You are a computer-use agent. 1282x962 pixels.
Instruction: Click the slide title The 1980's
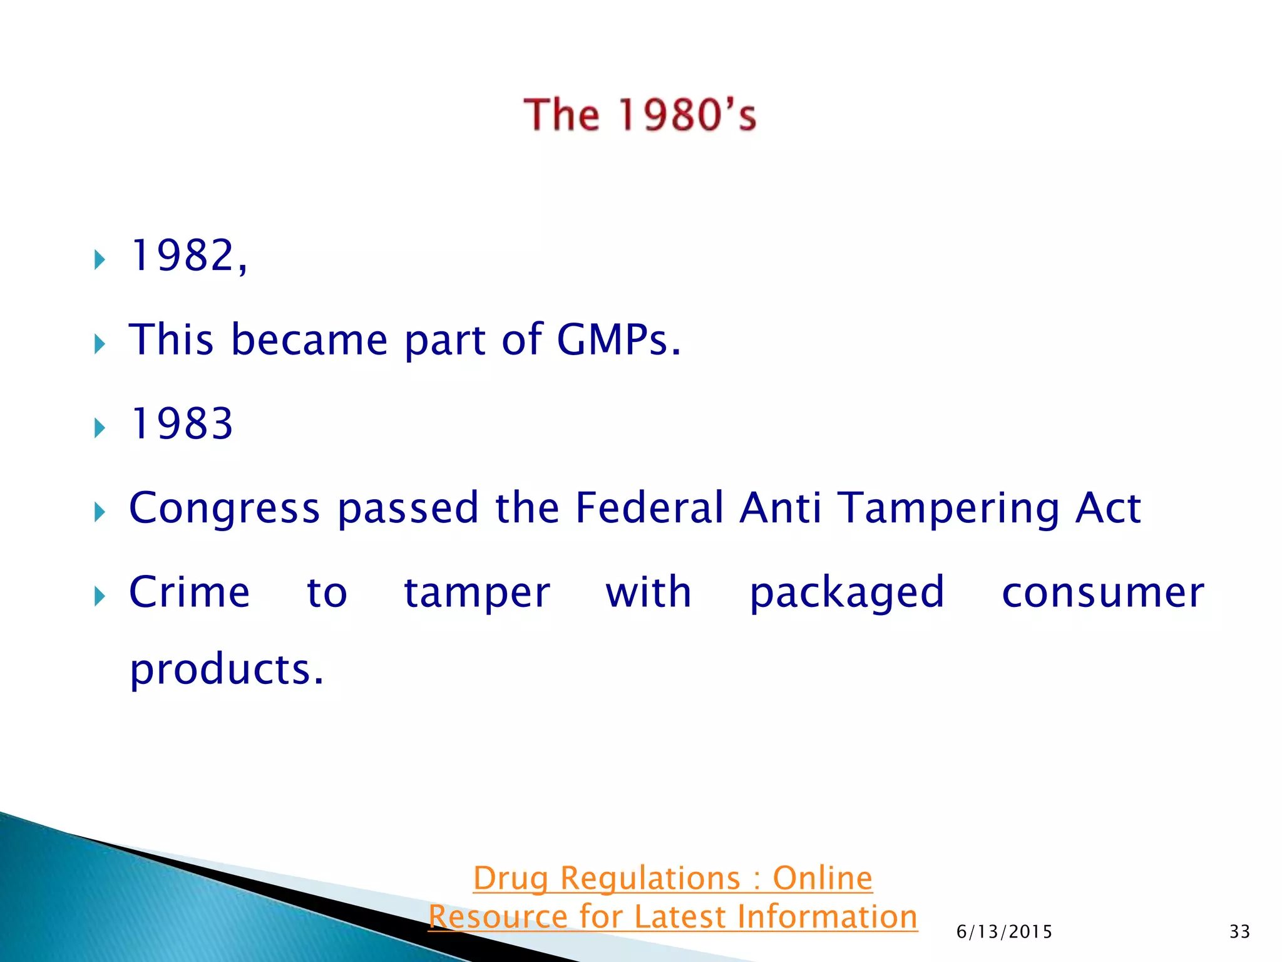click(640, 115)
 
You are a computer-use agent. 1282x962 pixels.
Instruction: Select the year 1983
click(181, 424)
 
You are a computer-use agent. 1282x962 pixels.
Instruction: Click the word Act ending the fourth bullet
click(1107, 507)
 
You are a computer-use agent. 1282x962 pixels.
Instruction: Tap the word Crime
click(189, 592)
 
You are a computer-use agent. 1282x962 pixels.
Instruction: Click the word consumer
click(1102, 593)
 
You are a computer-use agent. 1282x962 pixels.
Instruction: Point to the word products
click(226, 670)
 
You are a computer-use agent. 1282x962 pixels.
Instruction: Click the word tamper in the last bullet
click(477, 593)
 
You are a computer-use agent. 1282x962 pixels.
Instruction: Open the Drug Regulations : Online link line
click(672, 878)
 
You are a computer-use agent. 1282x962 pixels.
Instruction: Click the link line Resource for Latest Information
click(672, 917)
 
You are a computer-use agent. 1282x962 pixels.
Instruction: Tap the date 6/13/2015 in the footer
click(1004, 932)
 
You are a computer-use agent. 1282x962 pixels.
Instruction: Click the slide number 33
click(1239, 932)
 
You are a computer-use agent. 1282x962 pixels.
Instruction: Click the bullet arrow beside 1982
click(100, 259)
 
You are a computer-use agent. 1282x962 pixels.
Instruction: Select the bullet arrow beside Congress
click(100, 512)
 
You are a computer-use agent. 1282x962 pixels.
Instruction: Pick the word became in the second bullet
click(309, 340)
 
